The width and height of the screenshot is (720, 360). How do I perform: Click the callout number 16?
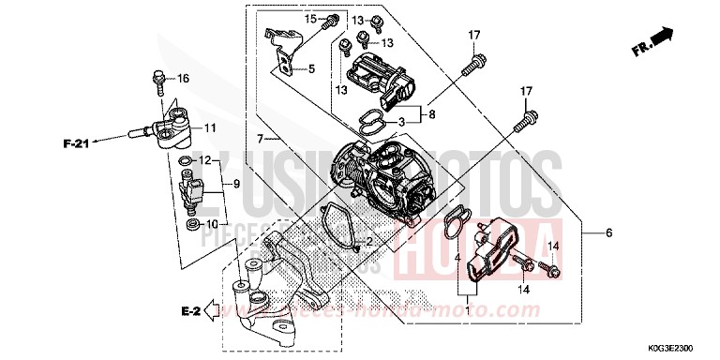(183, 78)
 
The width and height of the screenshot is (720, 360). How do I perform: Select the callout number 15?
(310, 19)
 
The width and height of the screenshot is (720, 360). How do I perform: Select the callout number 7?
(250, 139)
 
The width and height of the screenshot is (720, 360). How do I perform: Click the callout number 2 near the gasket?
(368, 241)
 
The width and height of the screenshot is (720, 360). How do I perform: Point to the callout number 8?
(432, 116)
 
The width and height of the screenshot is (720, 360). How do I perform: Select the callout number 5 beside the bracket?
(311, 68)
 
